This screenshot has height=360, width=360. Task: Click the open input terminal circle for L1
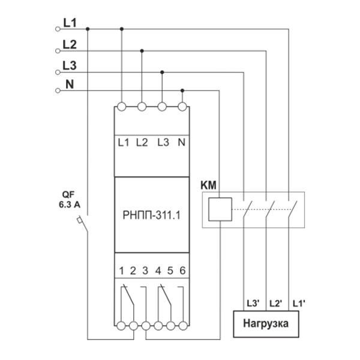point(58,29)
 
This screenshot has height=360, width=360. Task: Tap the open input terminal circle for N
point(58,91)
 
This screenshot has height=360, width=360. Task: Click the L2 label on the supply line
point(69,44)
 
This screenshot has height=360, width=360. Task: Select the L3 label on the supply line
point(69,65)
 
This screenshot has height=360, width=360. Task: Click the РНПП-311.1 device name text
point(152,215)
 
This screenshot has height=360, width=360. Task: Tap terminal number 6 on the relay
point(182,269)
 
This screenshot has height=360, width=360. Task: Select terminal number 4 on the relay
point(158,269)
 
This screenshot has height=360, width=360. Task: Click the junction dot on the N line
point(182,91)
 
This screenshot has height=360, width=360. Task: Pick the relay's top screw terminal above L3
point(162,107)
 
